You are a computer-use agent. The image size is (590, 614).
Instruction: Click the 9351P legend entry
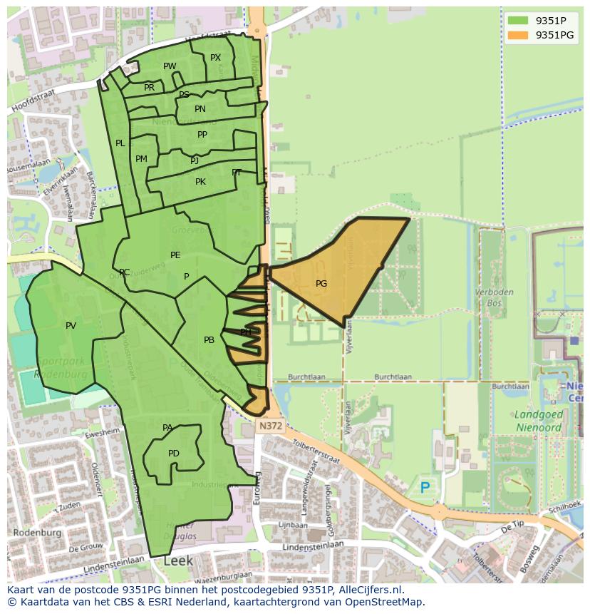(542, 20)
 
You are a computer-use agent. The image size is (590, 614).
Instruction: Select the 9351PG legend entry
(542, 35)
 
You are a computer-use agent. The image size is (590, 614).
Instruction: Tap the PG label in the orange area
(321, 284)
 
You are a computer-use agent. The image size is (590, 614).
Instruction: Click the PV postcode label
(71, 326)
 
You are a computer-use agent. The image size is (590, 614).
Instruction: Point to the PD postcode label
(174, 454)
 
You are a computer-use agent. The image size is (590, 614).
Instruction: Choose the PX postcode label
(215, 58)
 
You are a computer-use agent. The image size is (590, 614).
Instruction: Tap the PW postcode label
(170, 66)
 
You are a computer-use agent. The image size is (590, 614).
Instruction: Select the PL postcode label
(120, 143)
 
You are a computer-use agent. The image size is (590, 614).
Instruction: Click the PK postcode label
(200, 182)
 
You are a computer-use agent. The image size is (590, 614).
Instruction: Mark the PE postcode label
(175, 255)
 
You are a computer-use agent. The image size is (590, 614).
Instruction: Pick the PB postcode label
(209, 340)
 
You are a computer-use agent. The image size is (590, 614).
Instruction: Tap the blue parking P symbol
(425, 488)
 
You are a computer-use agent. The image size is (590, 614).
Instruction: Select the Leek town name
(178, 561)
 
